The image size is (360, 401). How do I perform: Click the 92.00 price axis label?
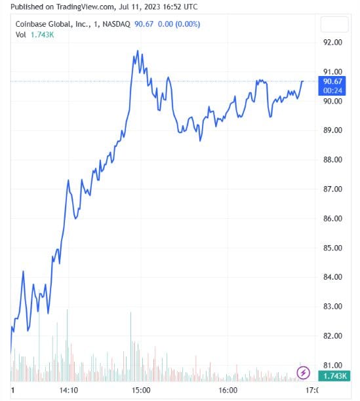click(x=333, y=43)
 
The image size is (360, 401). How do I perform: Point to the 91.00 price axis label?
click(x=333, y=71)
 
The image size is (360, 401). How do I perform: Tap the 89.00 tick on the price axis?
click(x=333, y=130)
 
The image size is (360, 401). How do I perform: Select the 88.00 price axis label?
click(x=333, y=160)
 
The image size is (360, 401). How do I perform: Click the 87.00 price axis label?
click(x=333, y=189)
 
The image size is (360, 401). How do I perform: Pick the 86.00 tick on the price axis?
click(x=333, y=219)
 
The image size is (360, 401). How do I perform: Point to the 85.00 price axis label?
click(x=333, y=248)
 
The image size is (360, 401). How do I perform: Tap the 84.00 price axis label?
click(x=333, y=277)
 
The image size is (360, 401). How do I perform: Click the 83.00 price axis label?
click(x=333, y=307)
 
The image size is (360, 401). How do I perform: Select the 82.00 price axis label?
click(x=333, y=336)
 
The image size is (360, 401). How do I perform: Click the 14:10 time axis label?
click(x=69, y=390)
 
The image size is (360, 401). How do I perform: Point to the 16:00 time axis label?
click(x=228, y=390)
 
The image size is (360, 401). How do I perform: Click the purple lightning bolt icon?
click(x=304, y=373)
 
